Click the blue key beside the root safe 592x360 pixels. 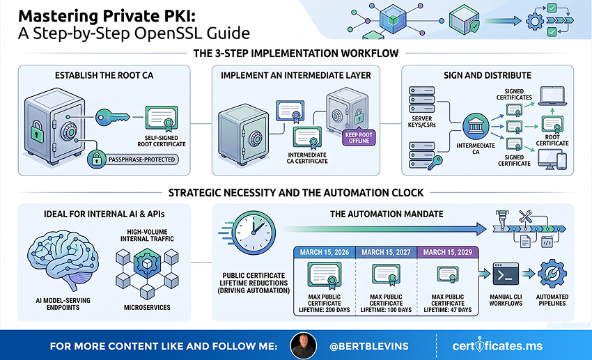[112, 118]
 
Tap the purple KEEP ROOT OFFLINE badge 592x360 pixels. [359, 138]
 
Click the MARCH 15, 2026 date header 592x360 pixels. [325, 252]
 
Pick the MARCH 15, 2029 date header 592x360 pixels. [448, 252]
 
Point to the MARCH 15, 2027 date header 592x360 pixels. [386, 252]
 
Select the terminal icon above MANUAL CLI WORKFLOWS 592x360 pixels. [506, 274]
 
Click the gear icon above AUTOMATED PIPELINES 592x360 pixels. [552, 274]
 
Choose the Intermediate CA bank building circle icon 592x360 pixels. [476, 127]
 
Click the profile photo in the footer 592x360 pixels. [303, 345]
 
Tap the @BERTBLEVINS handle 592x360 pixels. [369, 346]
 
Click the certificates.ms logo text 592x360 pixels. [497, 345]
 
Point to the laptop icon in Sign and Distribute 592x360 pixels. [552, 96]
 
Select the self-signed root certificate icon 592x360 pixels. [162, 118]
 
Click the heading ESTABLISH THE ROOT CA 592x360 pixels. [104, 75]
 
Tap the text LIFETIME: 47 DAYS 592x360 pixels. [448, 310]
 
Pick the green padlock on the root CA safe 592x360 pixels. [37, 132]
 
